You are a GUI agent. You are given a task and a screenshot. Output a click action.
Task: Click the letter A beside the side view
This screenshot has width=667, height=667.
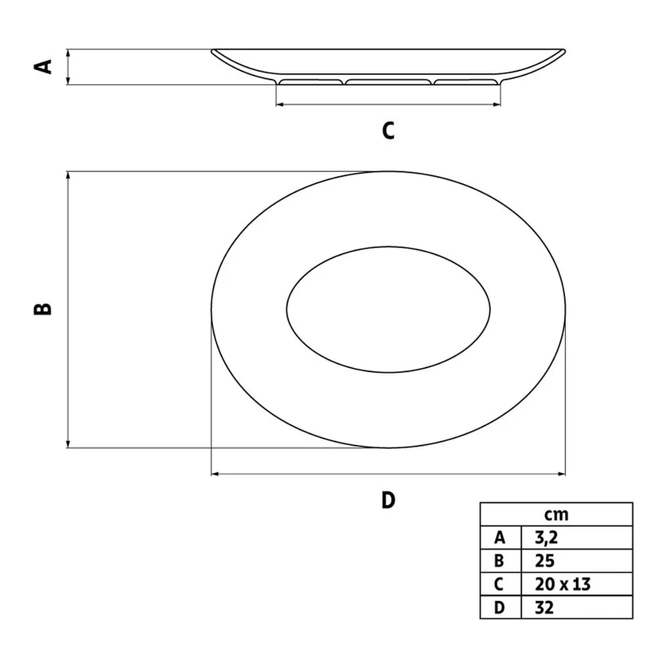pyautogui.click(x=43, y=67)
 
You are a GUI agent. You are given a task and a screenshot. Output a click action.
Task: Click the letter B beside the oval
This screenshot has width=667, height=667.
pyautogui.click(x=43, y=309)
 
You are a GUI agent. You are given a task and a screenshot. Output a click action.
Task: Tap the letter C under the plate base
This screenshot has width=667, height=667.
pyautogui.click(x=388, y=131)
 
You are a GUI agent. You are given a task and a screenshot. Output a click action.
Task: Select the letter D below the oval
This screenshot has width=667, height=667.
pyautogui.click(x=388, y=500)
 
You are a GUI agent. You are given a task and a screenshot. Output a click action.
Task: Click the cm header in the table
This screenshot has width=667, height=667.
pyautogui.click(x=556, y=515)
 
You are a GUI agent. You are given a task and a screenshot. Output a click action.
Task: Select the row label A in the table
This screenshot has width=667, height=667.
pyautogui.click(x=500, y=538)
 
